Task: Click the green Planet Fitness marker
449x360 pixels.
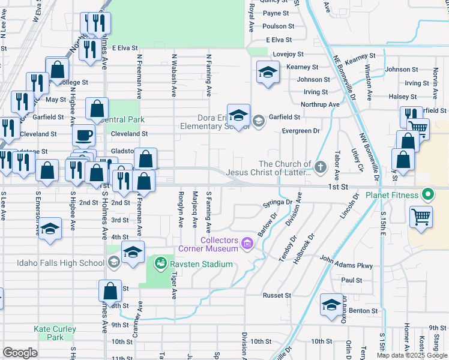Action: click(x=427, y=195)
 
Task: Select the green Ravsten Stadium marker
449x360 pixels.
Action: click(x=160, y=263)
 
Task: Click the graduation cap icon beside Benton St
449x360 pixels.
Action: click(x=331, y=304)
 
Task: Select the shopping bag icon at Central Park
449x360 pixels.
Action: click(x=97, y=109)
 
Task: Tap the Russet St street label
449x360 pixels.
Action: click(x=277, y=295)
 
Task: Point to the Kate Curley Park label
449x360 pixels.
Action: click(x=55, y=333)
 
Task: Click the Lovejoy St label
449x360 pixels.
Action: click(x=286, y=54)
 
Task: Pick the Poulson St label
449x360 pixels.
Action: click(x=279, y=26)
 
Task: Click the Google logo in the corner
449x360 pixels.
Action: click(x=20, y=352)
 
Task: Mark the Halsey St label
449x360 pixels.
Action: click(x=403, y=97)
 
